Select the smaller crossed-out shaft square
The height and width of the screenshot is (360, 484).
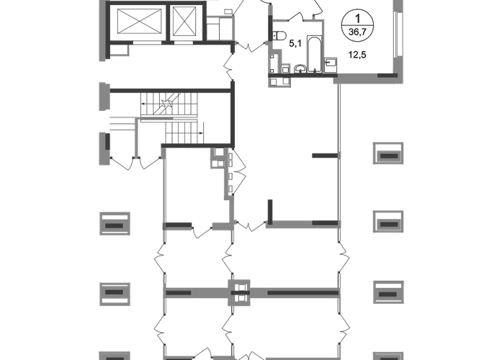coord(185,21)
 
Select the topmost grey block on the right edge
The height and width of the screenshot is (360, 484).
coord(388,153)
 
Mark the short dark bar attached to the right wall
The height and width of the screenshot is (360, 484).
coord(325,155)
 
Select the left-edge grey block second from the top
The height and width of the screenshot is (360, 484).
coord(115,293)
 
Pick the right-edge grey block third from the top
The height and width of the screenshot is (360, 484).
coord(388,292)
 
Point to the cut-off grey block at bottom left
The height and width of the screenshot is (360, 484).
coord(115,354)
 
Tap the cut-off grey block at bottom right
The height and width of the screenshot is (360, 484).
coord(388,354)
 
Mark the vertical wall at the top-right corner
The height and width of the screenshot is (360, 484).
coord(395,36)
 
